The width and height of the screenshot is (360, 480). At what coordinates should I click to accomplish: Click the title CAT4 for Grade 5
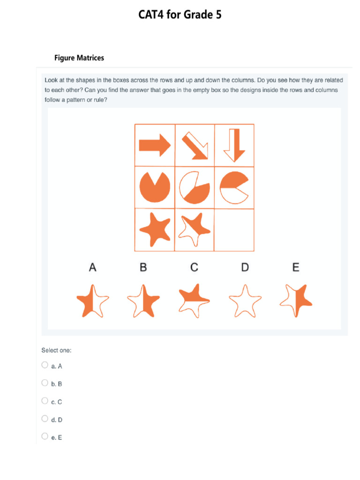click(180, 15)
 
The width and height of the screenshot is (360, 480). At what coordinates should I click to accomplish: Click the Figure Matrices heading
click(79, 58)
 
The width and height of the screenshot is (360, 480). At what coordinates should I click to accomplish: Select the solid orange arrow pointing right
click(155, 145)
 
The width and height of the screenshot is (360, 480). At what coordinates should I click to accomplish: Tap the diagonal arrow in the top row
click(195, 145)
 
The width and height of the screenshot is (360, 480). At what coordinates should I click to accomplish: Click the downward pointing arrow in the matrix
click(234, 145)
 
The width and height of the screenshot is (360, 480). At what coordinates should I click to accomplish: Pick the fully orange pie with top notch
click(155, 187)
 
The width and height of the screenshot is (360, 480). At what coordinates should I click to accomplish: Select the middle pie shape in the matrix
click(195, 187)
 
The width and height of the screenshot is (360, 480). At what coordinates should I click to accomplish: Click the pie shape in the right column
click(234, 187)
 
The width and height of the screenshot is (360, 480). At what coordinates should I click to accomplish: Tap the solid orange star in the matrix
click(155, 229)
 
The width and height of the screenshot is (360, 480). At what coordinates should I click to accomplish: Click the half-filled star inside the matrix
click(195, 229)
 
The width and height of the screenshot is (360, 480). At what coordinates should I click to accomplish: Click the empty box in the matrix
click(234, 230)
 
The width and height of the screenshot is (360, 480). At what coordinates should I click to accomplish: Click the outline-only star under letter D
click(245, 300)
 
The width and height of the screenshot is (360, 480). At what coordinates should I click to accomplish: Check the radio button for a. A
click(45, 365)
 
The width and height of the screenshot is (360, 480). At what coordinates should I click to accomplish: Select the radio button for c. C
click(45, 401)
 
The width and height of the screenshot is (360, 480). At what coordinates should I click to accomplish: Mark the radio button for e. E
click(45, 436)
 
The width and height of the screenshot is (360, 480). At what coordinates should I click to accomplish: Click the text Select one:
click(56, 350)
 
